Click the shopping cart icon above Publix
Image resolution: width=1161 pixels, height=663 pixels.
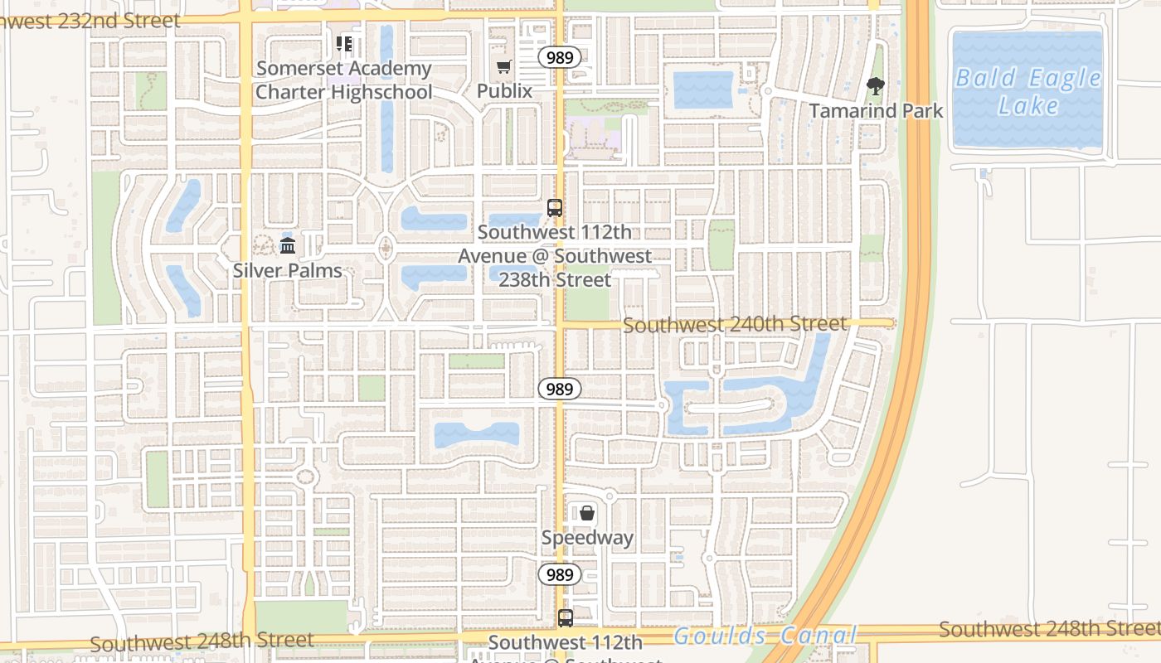503,66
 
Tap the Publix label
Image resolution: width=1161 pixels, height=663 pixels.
504,90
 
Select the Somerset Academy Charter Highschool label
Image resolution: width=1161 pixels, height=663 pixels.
343,80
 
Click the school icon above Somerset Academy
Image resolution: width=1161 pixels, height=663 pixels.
343,44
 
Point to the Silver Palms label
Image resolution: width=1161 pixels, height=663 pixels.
287,270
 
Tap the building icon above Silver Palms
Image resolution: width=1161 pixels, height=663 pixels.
288,245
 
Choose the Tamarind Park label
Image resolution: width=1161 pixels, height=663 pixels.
876,110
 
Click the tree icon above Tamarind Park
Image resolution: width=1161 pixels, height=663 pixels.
875,85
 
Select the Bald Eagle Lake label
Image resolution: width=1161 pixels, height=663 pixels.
1028,92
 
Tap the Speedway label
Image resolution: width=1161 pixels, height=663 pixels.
587,538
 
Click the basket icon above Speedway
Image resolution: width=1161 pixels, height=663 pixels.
587,514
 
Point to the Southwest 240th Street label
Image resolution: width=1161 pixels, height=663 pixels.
735,324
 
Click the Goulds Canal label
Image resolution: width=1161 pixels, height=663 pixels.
765,636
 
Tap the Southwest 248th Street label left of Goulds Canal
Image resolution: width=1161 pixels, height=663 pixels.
202,641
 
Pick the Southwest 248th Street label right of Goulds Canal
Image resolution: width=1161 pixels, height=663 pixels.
1049,629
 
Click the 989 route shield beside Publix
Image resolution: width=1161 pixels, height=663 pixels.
558,57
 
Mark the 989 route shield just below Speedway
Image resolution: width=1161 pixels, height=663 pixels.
560,574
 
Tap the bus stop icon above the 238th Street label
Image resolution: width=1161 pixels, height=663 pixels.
555,208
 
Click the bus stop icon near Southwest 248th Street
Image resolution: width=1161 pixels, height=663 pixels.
565,617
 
